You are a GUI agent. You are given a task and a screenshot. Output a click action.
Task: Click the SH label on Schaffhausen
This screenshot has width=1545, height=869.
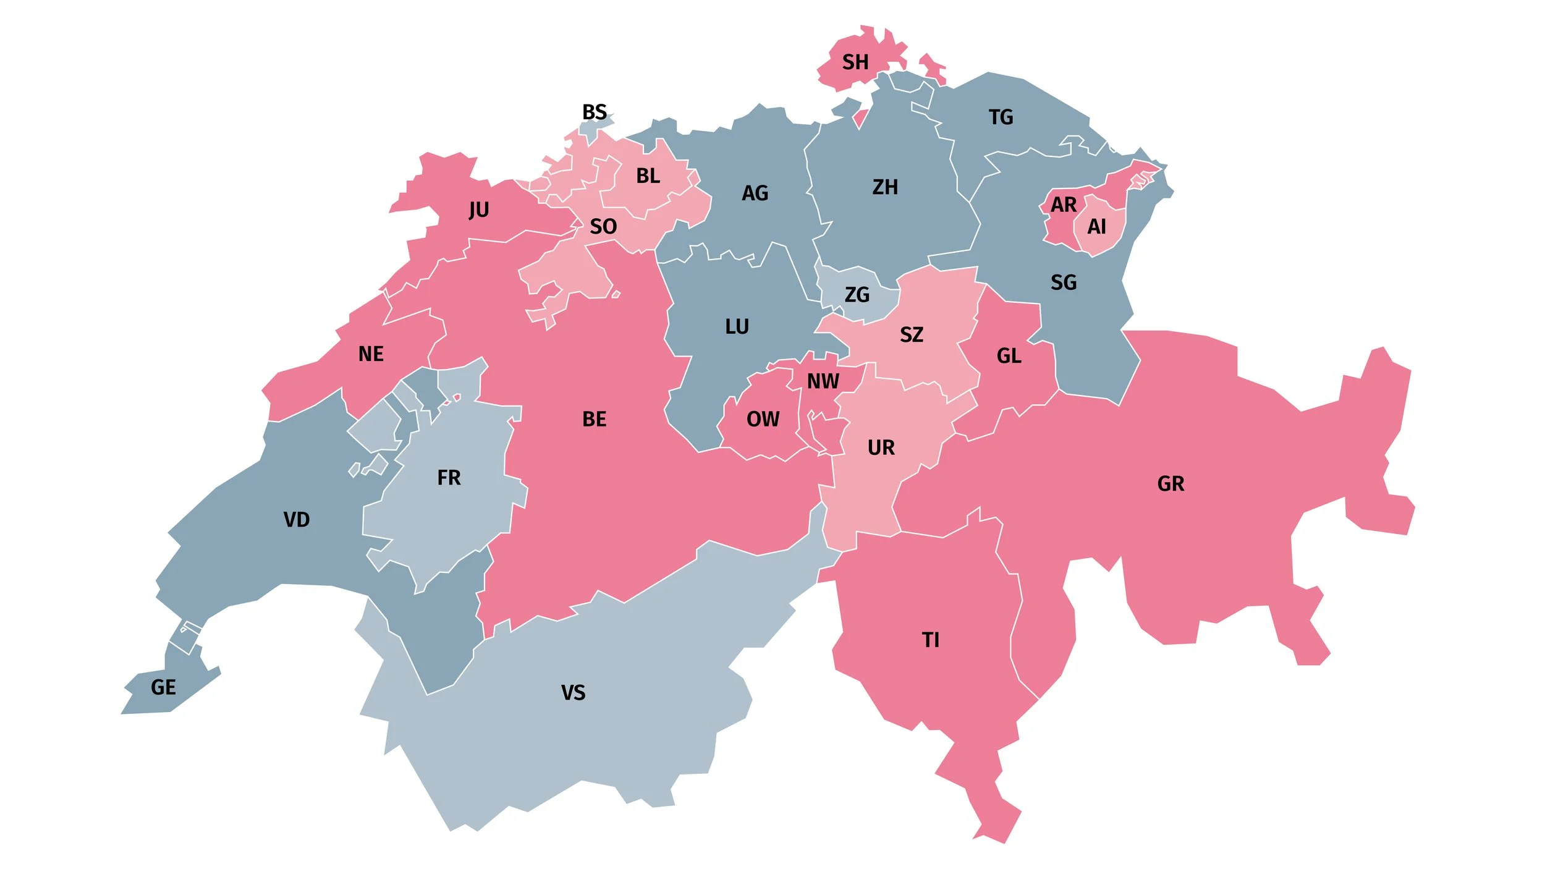(x=855, y=62)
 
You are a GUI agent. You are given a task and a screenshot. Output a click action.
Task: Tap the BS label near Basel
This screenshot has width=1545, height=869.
(x=594, y=112)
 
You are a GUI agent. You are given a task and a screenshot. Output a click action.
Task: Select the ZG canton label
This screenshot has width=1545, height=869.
(x=857, y=295)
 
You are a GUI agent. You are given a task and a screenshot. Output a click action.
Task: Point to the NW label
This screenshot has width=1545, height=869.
(x=823, y=381)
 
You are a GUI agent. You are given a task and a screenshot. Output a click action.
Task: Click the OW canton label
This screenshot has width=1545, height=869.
(x=763, y=419)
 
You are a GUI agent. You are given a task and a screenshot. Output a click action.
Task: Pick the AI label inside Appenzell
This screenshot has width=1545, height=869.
(x=1096, y=227)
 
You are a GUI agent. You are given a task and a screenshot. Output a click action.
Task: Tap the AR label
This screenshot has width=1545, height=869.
(x=1063, y=205)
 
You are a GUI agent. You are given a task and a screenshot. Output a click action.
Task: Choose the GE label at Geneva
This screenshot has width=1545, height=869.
(x=163, y=687)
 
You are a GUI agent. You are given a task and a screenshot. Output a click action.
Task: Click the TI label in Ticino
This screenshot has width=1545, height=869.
(x=930, y=640)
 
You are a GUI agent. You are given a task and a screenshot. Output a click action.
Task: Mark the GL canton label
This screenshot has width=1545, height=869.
(x=1009, y=356)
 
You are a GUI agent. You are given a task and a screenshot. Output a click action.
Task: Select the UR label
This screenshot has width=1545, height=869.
(x=881, y=447)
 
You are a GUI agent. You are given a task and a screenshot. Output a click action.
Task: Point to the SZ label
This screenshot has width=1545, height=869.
(x=911, y=335)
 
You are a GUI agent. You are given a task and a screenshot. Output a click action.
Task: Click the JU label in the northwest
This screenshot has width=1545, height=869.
(x=478, y=210)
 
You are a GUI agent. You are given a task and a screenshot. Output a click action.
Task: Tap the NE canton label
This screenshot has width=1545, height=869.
(x=371, y=354)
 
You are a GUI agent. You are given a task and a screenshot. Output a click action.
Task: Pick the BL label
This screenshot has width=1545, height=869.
(x=648, y=176)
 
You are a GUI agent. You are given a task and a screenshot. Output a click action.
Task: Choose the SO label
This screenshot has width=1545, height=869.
(x=603, y=227)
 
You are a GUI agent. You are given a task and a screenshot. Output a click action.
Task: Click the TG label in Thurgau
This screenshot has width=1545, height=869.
(x=1001, y=117)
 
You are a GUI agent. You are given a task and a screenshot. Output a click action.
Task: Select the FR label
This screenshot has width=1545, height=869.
(x=449, y=478)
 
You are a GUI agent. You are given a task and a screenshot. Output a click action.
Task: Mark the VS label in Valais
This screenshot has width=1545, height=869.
(x=573, y=693)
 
